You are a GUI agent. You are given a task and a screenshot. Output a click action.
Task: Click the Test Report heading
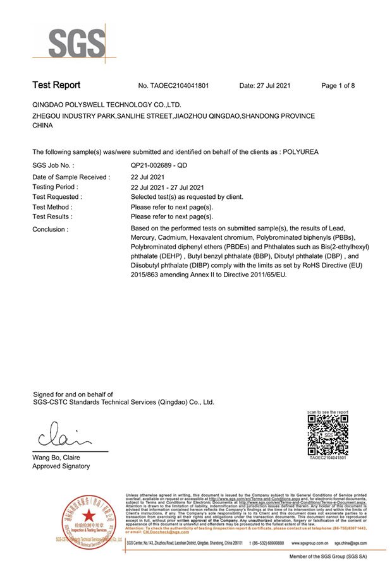click(56, 85)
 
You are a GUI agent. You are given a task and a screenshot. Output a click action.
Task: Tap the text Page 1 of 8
click(338, 86)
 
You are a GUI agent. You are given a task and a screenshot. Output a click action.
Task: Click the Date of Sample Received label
click(71, 177)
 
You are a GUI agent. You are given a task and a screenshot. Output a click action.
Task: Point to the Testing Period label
click(55, 187)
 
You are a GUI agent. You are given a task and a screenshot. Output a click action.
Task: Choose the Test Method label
click(52, 207)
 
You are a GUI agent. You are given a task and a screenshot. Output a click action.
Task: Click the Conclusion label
click(50, 229)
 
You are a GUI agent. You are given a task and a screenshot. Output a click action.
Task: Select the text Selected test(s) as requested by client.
click(187, 197)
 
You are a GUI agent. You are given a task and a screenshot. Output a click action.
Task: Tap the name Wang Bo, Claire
click(56, 457)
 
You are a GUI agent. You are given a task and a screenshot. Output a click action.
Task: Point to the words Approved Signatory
click(61, 466)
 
